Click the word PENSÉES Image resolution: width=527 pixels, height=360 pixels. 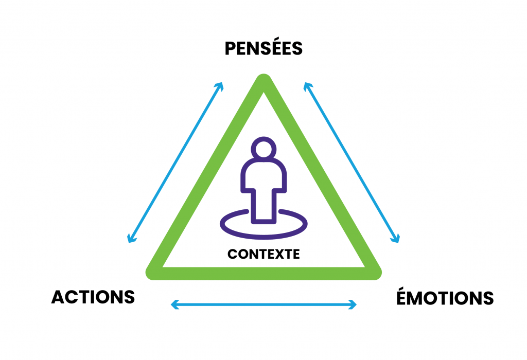tap(263, 49)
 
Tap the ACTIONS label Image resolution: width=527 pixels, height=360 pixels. tap(93, 297)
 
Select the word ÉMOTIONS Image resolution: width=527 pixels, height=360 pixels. tap(445, 298)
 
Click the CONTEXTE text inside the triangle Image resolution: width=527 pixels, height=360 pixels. tap(263, 254)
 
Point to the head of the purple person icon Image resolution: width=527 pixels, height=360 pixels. tap(263, 150)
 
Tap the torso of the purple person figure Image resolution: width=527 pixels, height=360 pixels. tap(263, 180)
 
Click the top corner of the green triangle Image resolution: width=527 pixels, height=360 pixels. tap(263, 82)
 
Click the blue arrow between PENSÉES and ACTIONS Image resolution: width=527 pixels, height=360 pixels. tap(175, 162)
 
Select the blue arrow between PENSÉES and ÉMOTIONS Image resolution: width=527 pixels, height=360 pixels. tap(351, 162)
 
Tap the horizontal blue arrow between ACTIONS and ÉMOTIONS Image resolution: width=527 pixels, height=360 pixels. tap(263, 305)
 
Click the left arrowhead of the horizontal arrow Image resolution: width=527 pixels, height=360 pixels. tap(173, 305)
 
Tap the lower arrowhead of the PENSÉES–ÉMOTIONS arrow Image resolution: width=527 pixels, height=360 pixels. tap(396, 239)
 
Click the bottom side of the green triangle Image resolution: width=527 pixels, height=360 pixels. tap(263, 273)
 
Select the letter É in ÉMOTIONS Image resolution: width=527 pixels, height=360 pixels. tap(403, 297)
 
